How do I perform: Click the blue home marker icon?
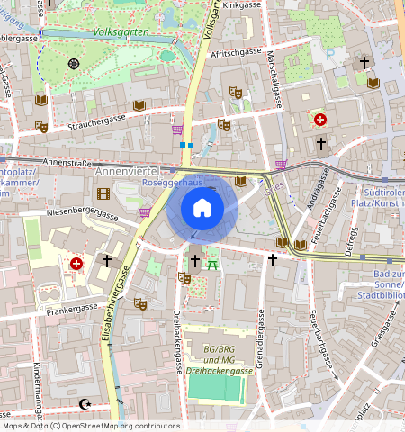[x=202, y=209]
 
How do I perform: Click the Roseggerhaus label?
[x=197, y=181]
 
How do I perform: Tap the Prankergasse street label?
[x=73, y=308]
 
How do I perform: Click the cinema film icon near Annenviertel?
[x=103, y=193]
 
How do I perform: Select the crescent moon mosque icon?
[x=86, y=404]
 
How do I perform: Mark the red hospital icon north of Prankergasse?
[x=76, y=263]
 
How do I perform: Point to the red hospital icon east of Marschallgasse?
[x=319, y=118]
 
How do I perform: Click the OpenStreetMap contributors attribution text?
[x=90, y=426]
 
